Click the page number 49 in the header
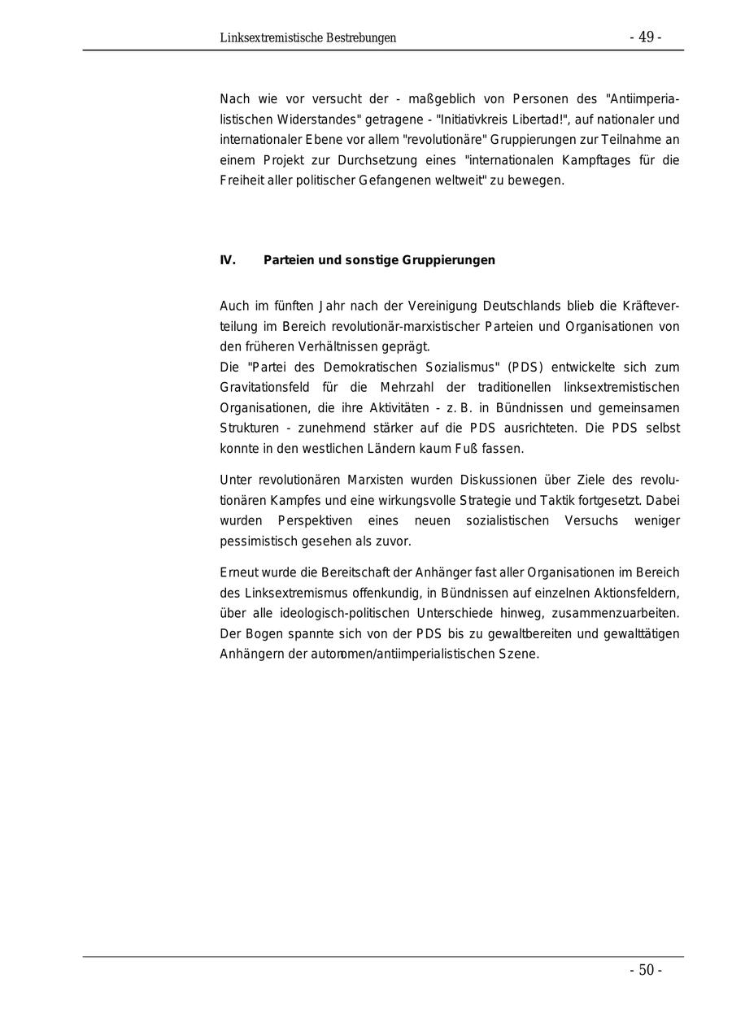(x=646, y=37)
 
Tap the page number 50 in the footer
(x=646, y=970)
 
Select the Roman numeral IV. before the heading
(x=228, y=260)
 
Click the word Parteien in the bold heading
(x=289, y=260)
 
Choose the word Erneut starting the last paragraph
(x=238, y=572)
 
